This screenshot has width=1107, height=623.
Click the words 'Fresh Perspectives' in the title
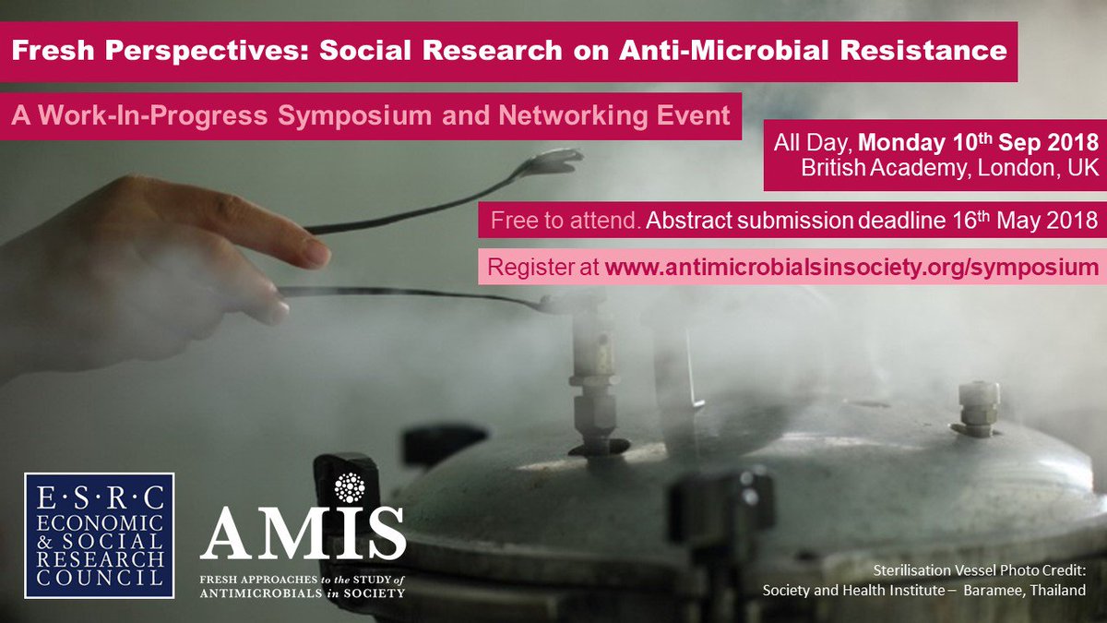[119, 50]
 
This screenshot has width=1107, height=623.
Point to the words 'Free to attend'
[564, 222]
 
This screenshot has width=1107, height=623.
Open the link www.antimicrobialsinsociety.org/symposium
[851, 268]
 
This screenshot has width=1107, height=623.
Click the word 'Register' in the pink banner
[524, 268]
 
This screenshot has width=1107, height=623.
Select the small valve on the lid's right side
[977, 406]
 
